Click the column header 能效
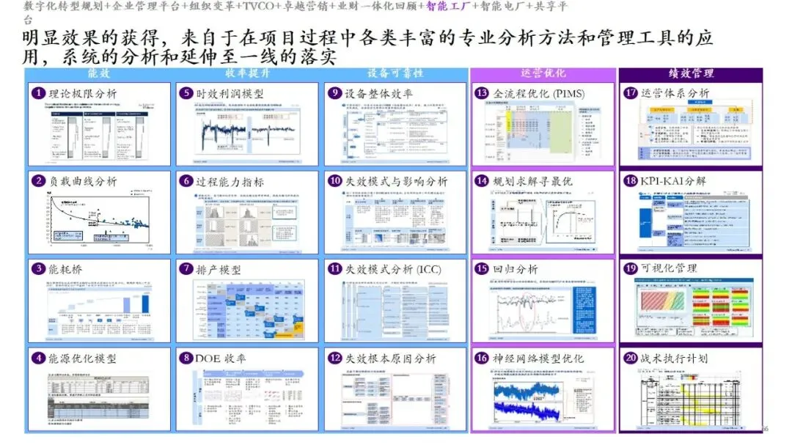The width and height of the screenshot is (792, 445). pyautogui.click(x=98, y=74)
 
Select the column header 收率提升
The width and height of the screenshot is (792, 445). pyautogui.click(x=246, y=74)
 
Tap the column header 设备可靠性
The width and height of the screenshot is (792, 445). pyautogui.click(x=395, y=74)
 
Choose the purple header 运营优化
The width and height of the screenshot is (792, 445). pyautogui.click(x=543, y=74)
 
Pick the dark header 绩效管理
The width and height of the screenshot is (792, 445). pyautogui.click(x=691, y=74)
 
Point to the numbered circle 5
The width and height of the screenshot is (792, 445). pyautogui.click(x=186, y=94)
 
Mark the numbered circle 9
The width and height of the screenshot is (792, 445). pyautogui.click(x=334, y=94)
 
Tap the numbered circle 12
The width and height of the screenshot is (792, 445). pyautogui.click(x=334, y=358)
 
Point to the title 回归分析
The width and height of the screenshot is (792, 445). pyautogui.click(x=516, y=270)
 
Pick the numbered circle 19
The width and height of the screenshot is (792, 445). pyautogui.click(x=631, y=269)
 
